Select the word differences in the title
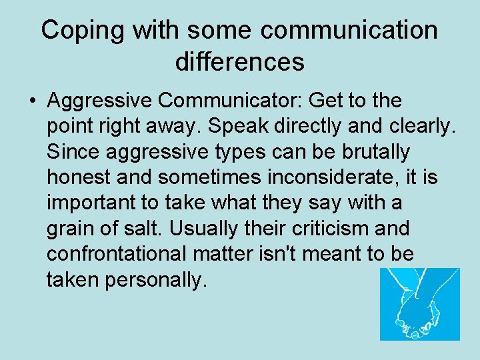click(240, 62)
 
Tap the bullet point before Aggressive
click(32, 101)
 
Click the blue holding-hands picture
click(419, 304)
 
